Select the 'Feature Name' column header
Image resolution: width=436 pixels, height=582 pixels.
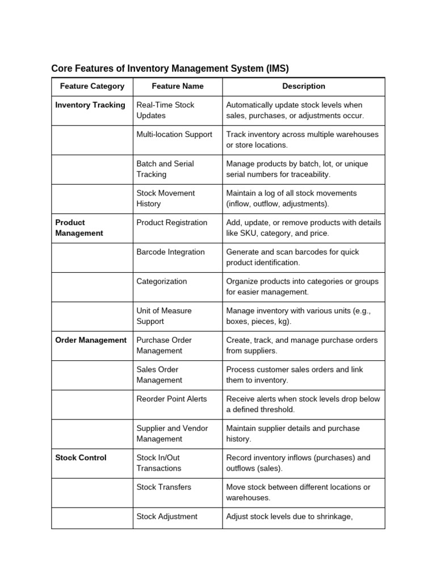(178, 86)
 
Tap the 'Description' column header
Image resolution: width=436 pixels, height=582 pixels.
(304, 86)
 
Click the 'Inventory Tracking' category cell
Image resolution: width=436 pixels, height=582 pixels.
(90, 105)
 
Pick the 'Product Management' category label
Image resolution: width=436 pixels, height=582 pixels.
(79, 228)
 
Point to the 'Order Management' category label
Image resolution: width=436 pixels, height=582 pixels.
(91, 340)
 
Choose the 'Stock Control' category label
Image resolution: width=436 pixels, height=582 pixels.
(81, 458)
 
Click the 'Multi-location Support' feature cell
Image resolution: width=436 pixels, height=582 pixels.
(174, 135)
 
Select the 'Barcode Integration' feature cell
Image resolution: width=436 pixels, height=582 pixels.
(170, 252)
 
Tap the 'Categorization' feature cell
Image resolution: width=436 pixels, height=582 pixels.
(161, 281)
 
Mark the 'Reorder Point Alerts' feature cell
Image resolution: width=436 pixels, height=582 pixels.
(171, 399)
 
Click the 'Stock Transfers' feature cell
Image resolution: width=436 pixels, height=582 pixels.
(163, 487)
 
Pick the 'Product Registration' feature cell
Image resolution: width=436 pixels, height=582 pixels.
(172, 223)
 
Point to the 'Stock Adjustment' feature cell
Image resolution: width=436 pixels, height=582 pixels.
(167, 517)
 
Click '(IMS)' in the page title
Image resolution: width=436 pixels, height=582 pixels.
(276, 69)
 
